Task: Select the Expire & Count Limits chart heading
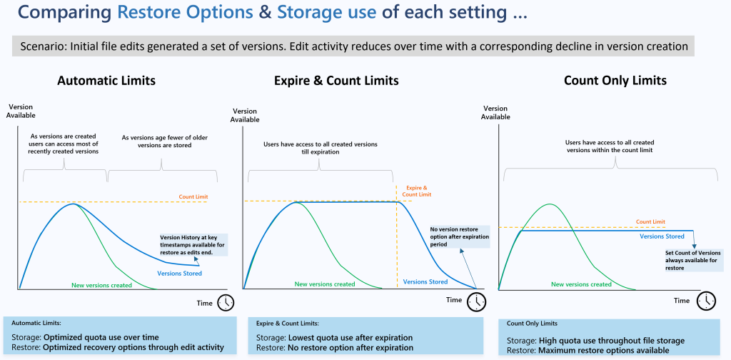[336, 81]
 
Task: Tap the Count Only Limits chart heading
[615, 81]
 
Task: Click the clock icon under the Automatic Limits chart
[226, 302]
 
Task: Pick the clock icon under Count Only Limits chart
[706, 301]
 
